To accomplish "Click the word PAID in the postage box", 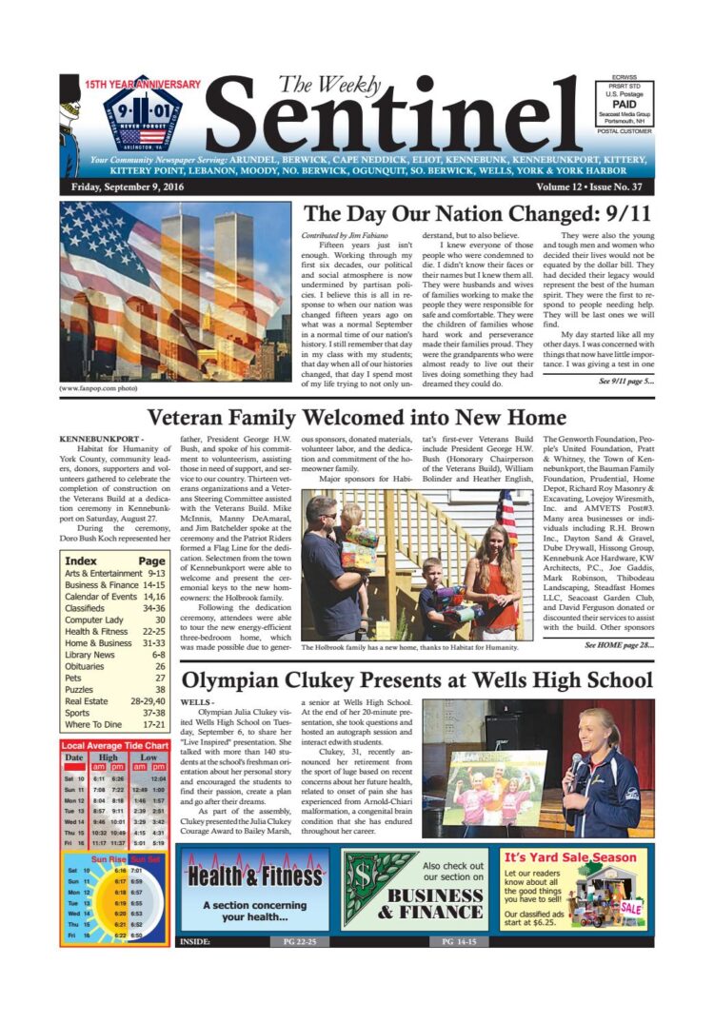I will pos(625,104).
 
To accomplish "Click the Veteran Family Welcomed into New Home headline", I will pos(356,418).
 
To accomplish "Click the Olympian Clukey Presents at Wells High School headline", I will pos(417,680).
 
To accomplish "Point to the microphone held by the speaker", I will pos(576,761).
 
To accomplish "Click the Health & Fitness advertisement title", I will pos(254,876).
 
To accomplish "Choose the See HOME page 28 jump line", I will pos(620,644).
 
